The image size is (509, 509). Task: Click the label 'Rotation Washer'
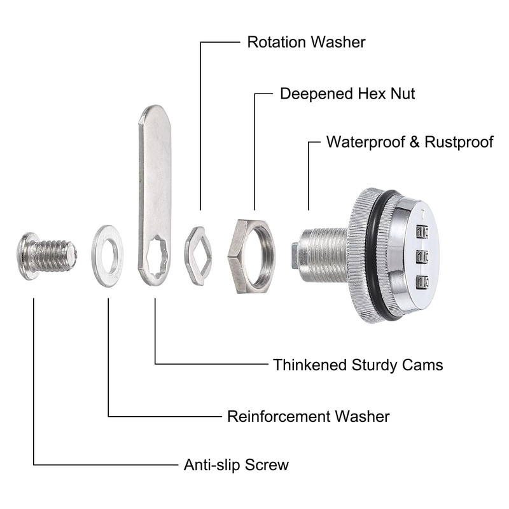tap(306, 42)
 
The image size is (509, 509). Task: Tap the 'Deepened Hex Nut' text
tap(347, 94)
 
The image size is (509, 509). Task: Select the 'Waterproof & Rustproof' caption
tap(410, 142)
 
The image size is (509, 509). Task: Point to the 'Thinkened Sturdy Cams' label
tap(358, 365)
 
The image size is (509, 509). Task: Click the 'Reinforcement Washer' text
tap(309, 417)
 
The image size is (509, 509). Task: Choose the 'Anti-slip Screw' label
tap(236, 465)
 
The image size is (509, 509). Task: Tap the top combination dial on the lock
tap(422, 232)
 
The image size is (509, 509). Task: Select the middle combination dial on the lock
tap(422, 257)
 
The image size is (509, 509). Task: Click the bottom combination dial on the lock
tap(422, 282)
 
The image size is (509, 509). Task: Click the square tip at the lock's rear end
tap(295, 256)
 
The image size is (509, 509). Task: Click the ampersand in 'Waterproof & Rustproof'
tap(415, 142)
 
